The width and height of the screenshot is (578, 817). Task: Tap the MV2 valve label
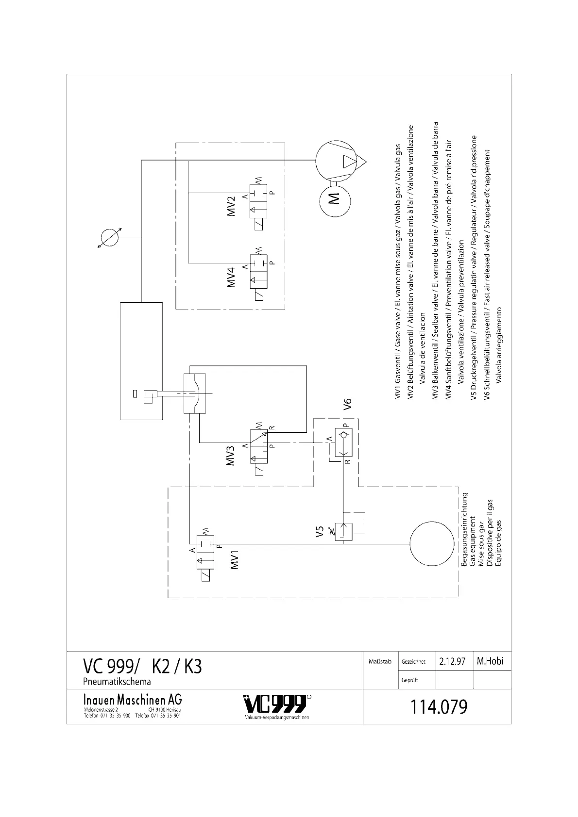232,206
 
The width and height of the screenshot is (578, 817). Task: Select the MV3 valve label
231,455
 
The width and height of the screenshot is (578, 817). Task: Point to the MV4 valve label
232,277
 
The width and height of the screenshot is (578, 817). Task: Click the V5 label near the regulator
319,532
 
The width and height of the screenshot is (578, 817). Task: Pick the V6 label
348,405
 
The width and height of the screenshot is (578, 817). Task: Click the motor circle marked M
334,198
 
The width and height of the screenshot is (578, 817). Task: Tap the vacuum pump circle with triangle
337,161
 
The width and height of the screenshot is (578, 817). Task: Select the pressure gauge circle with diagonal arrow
108,238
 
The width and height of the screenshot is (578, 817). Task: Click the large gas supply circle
432,543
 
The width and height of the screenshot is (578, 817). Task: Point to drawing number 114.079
439,707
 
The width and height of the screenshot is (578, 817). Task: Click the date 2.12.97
452,661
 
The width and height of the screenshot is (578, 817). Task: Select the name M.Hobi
491,661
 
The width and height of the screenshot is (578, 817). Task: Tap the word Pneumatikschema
117,682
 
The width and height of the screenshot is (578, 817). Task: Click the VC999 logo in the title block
275,703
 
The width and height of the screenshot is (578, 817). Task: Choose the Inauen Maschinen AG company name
133,700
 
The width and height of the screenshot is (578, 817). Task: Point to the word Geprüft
409,680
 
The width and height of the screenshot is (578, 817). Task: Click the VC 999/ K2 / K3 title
142,667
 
